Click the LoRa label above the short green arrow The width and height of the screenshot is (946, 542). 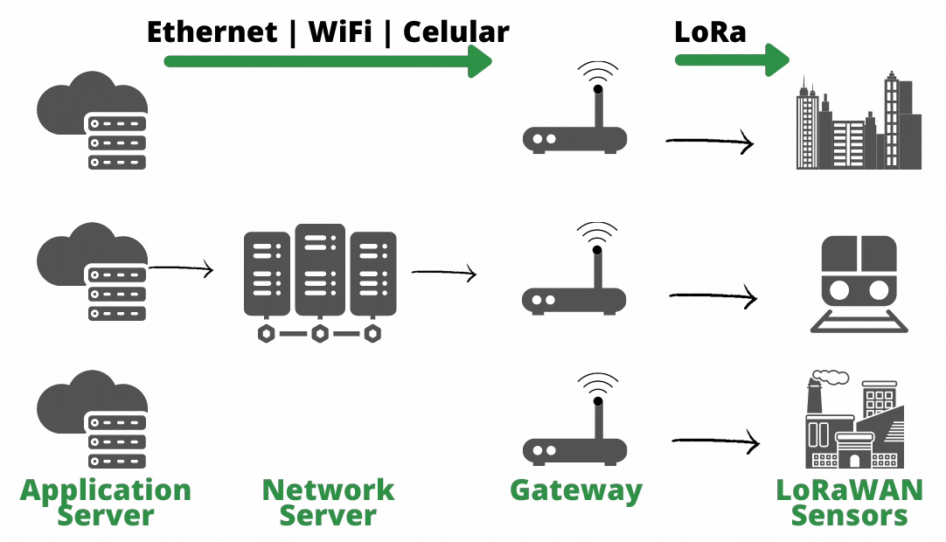[x=710, y=32]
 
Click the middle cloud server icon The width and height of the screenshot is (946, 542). [x=93, y=271]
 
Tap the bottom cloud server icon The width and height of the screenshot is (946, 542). [x=93, y=420]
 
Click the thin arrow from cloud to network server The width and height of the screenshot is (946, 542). [x=181, y=268]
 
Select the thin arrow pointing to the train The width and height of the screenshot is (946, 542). [x=713, y=298]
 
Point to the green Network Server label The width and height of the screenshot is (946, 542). [x=328, y=502]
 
